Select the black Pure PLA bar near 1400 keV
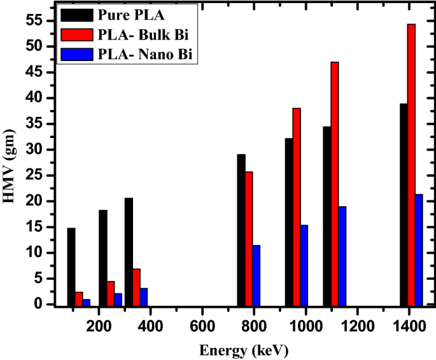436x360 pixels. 404,204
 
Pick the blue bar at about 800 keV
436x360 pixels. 257,275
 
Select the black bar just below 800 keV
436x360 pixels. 241,229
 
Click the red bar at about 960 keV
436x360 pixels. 297,206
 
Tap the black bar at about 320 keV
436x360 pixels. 129,251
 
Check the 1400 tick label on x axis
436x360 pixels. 409,324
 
